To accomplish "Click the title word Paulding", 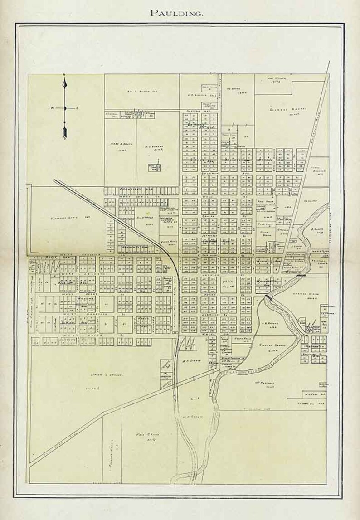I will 177,13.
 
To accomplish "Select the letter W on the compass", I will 52,108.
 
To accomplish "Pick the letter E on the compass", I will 77,108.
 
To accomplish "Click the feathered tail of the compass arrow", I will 65,132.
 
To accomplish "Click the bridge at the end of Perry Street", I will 269,295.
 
